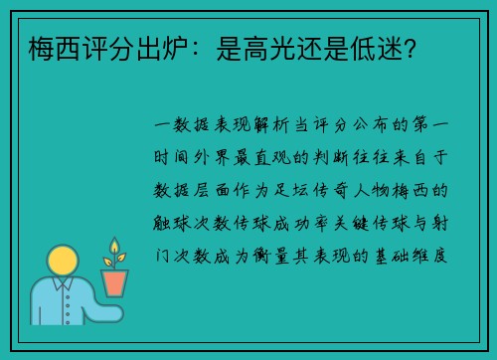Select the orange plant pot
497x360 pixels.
pyautogui.click(x=114, y=282)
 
